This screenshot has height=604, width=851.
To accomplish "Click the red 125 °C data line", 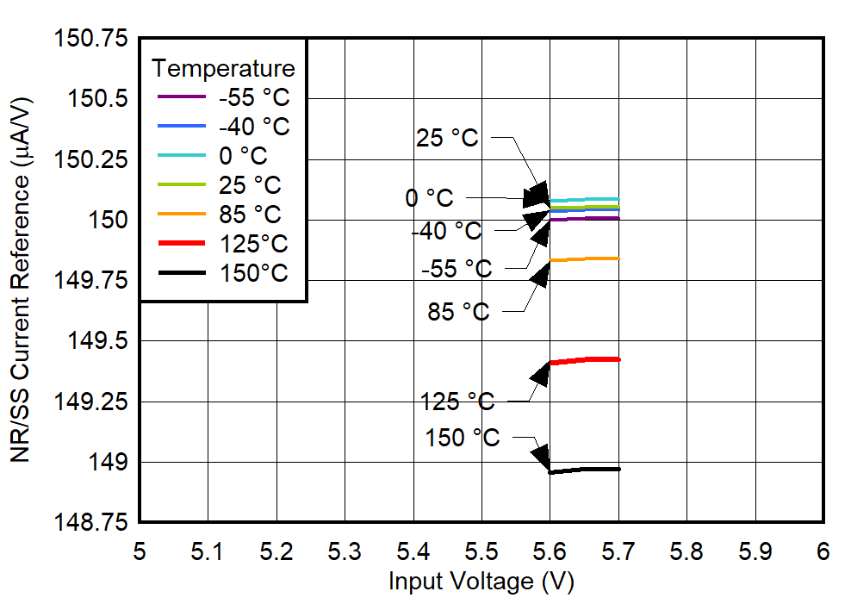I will (586, 359).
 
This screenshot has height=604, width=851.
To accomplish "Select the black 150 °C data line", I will (586, 470).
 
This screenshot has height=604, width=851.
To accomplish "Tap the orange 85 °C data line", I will (586, 258).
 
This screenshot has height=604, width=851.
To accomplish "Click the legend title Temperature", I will (223, 68).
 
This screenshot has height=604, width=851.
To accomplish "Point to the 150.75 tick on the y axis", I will (90, 39).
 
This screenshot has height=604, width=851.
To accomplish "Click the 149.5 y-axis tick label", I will (97, 341).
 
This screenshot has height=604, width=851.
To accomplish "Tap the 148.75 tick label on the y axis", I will (90, 523).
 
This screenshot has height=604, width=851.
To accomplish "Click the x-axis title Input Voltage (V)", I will (481, 582).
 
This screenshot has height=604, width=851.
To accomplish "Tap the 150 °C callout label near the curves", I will (462, 438).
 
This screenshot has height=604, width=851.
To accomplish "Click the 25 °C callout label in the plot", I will (446, 138).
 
